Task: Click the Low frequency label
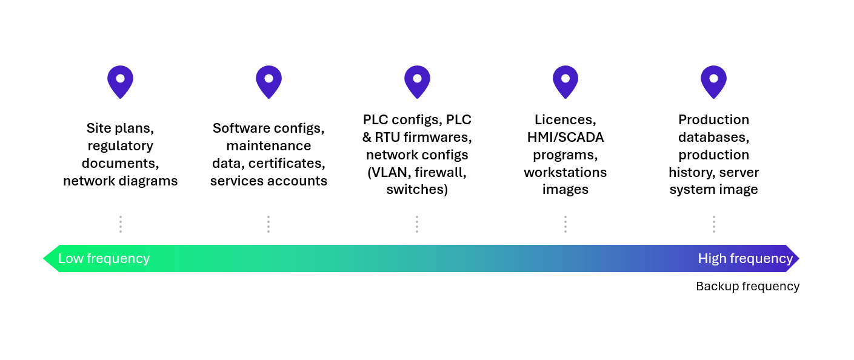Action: pyautogui.click(x=104, y=259)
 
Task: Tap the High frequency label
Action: pyautogui.click(x=746, y=259)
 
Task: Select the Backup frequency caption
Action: pyautogui.click(x=748, y=287)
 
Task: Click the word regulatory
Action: pyautogui.click(x=121, y=146)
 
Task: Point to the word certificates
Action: pyautogui.click(x=287, y=164)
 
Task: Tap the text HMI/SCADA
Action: pyautogui.click(x=565, y=138)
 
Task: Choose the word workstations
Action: pyautogui.click(x=565, y=172)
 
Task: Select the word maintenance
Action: pyautogui.click(x=269, y=145)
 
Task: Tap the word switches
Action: pyautogui.click(x=417, y=190)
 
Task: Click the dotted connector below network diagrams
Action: pyautogui.click(x=121, y=224)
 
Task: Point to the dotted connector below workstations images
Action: pyautogui.click(x=565, y=224)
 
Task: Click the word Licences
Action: pyautogui.click(x=565, y=120)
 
